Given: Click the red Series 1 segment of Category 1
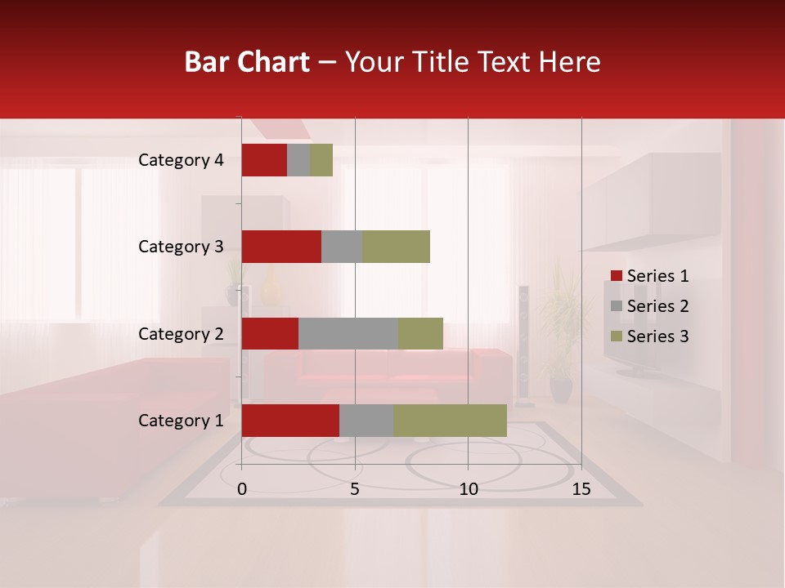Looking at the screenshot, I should (x=290, y=421).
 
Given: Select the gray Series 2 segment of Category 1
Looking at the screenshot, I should (x=366, y=421).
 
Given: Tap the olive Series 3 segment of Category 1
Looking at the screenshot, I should (x=450, y=421).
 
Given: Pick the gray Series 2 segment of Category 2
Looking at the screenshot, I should (x=348, y=333).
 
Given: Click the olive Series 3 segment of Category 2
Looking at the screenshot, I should (x=420, y=333).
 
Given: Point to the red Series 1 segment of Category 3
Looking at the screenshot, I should (x=281, y=247).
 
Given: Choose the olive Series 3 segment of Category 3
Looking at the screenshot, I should (x=396, y=247).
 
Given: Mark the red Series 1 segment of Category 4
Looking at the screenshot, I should (x=264, y=160).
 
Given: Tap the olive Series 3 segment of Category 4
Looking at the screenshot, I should (x=321, y=160).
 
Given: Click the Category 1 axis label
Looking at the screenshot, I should (x=181, y=421).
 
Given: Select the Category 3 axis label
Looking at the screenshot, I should (x=181, y=247).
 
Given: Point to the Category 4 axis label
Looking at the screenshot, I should (x=181, y=160).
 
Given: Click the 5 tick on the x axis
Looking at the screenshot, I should (x=355, y=489).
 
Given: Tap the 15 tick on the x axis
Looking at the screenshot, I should (x=581, y=489).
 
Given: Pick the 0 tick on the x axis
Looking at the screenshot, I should (x=242, y=489).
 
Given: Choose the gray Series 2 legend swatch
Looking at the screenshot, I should (x=617, y=306).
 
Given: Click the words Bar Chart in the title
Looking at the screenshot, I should (x=247, y=61).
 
